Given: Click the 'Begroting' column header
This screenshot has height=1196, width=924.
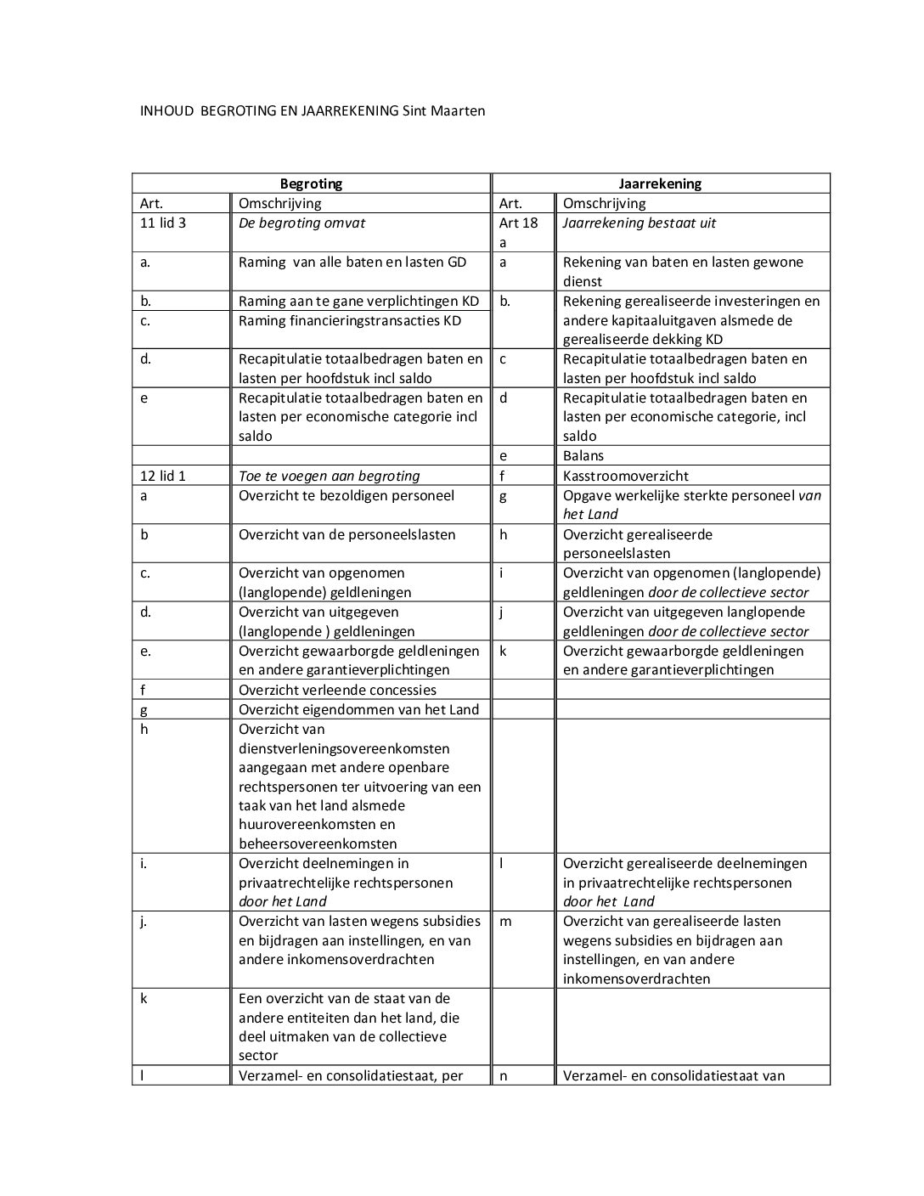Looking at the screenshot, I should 311,183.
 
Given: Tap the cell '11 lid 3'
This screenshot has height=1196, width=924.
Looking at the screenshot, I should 163,223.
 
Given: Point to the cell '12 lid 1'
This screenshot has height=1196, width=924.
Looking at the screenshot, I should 163,476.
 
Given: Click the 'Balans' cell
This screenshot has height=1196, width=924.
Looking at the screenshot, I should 583,456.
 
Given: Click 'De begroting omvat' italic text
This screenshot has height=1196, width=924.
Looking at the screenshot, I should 301,223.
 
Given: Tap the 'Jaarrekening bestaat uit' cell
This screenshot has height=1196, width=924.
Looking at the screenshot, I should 639,223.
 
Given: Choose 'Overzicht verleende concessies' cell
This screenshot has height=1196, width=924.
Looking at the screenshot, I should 337,690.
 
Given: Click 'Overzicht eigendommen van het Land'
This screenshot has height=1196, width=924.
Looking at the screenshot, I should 358,709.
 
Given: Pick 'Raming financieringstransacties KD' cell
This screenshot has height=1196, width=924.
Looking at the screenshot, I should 350,320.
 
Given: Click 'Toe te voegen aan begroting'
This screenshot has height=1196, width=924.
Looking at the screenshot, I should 329,476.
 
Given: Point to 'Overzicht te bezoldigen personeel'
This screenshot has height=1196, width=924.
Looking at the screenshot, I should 346,495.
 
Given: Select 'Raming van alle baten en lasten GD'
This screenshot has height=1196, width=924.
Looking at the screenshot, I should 352,262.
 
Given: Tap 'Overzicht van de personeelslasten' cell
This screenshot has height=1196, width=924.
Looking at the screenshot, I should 346,534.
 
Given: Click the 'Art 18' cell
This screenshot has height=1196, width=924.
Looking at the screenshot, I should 518,223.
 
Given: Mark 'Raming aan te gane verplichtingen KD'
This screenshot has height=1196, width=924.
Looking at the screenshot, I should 358,301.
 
